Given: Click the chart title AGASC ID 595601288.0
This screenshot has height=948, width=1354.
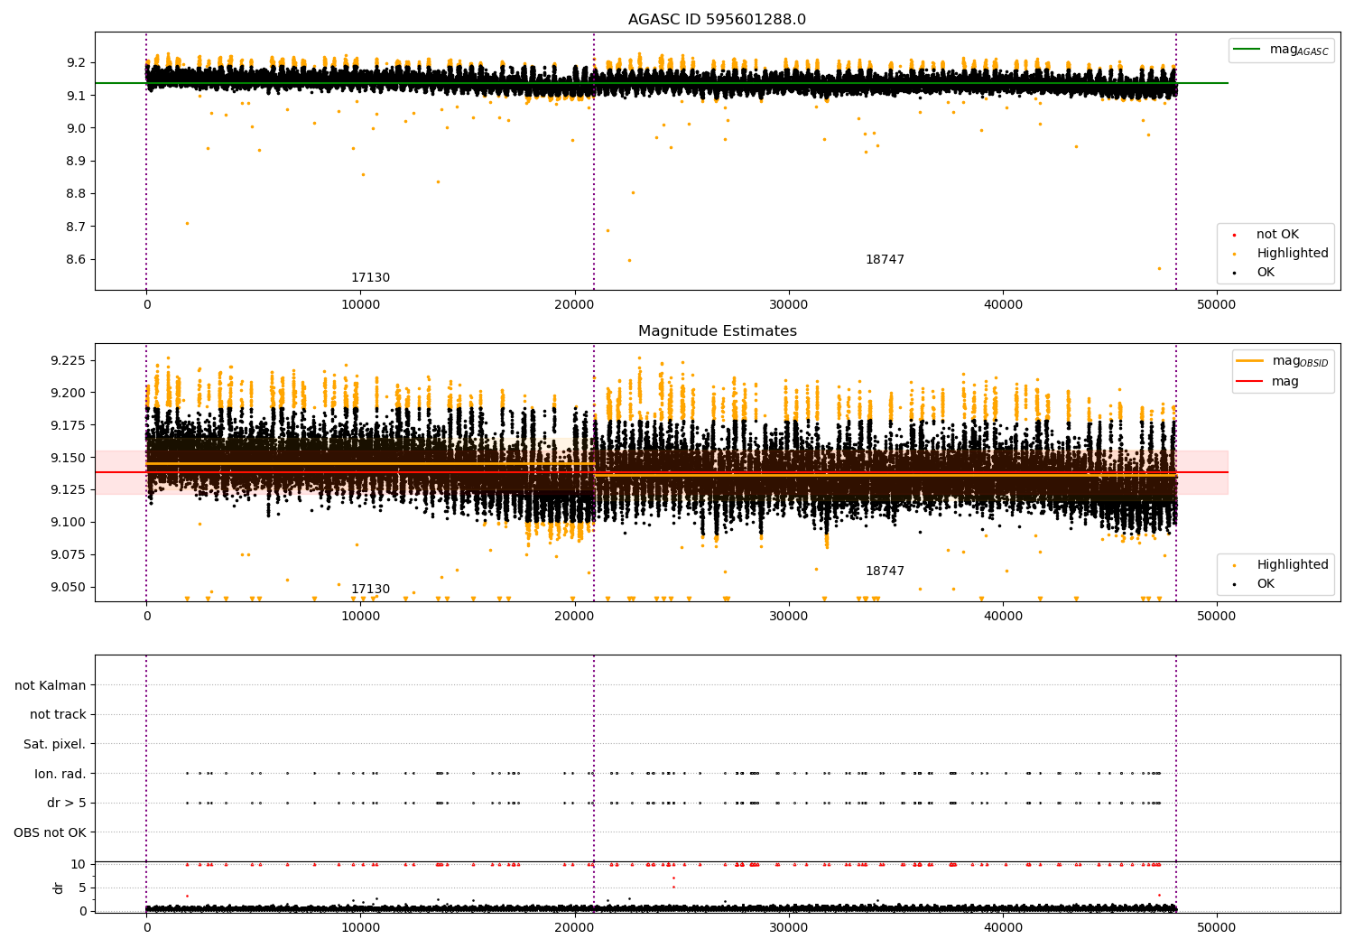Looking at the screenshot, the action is pos(717,19).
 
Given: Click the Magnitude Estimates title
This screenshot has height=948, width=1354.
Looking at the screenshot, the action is pos(718,330).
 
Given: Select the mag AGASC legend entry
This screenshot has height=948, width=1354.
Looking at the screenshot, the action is pos(1282,50).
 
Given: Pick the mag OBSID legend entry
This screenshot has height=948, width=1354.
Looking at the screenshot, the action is pos(1283,361).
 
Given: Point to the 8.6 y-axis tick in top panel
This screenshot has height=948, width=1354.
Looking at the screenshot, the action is pos(76,259).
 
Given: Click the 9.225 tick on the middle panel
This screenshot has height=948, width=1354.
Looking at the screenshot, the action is pos(68,360).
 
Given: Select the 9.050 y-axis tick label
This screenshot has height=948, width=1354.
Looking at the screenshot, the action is pos(68,587).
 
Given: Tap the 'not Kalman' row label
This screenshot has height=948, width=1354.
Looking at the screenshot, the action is pos(51,685).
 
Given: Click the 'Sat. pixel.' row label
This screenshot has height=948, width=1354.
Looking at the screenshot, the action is pos(54,744).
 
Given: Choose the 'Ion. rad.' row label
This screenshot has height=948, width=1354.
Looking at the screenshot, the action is pos(60,773).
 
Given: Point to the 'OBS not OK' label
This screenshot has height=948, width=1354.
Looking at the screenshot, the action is pos(50,832).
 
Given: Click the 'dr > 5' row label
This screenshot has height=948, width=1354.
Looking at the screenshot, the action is pos(67,803).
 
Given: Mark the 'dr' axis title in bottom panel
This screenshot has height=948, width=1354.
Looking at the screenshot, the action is pos(58,888).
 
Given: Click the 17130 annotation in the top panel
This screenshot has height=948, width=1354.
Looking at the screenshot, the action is pos(370,277).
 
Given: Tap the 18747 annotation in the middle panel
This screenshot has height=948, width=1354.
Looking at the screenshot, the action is pos(885,571).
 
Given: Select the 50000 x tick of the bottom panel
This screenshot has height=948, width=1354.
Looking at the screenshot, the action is pos(1216,927).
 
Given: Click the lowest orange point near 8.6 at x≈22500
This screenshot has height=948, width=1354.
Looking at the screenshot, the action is pos(629,261).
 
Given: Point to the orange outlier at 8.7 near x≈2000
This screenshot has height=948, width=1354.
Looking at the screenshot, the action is pos(188,224).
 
